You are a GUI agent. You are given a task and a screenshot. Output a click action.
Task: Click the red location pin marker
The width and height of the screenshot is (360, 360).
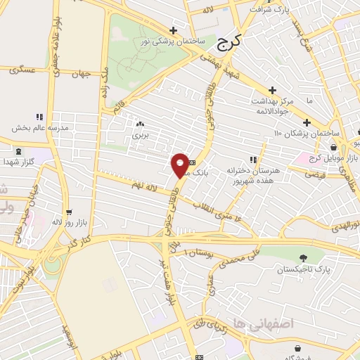click(180, 165)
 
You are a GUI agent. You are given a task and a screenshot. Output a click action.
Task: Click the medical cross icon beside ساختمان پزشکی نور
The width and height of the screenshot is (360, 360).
click(174, 30)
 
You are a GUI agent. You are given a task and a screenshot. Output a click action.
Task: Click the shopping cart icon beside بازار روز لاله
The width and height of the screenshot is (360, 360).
click(69, 211)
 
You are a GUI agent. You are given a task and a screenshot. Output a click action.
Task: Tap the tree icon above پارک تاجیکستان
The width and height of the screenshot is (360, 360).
click(303, 258)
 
